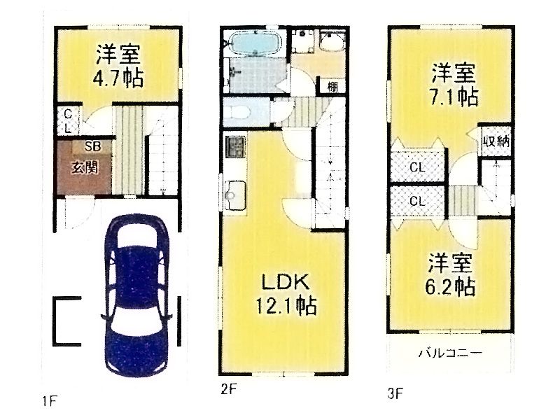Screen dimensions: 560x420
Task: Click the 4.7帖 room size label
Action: click(x=118, y=78)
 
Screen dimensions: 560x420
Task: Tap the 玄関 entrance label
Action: click(x=85, y=167)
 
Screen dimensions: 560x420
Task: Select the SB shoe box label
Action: click(x=93, y=146)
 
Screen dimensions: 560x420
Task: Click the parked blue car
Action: click(x=136, y=295)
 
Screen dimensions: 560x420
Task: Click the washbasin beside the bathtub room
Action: click(x=332, y=42)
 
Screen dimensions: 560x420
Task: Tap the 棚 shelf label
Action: click(x=332, y=86)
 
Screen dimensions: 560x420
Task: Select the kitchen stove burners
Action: click(x=235, y=146)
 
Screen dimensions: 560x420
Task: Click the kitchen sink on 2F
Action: click(x=234, y=195)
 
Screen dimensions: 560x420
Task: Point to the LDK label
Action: click(x=286, y=283)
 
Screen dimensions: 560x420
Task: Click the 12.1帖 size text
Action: click(x=286, y=305)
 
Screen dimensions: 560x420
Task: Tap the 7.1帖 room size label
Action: click(x=454, y=97)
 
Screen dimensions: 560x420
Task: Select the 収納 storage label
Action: click(x=496, y=142)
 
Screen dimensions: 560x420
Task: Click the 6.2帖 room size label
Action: click(x=450, y=286)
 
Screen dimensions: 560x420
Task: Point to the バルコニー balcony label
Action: click(x=450, y=353)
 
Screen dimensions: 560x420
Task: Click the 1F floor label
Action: click(x=49, y=401)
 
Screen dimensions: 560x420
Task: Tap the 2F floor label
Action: click(x=229, y=389)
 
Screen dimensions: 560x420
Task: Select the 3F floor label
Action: click(x=395, y=393)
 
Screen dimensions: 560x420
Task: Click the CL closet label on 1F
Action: click(x=68, y=121)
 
